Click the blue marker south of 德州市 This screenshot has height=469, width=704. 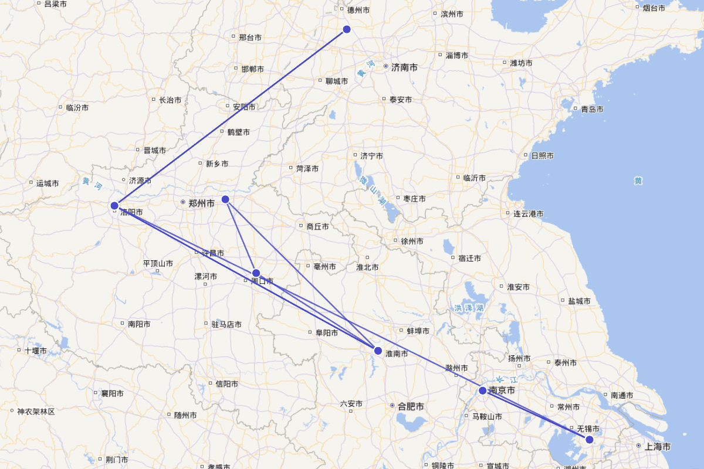point(347,29)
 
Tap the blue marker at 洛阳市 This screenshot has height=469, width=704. point(114,205)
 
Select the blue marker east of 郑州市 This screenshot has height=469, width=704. point(225,199)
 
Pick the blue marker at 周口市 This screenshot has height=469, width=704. point(256,273)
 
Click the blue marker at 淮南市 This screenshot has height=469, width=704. point(378,351)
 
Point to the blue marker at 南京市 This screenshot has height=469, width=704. point(482,390)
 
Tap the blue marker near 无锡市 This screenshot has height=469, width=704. point(590,439)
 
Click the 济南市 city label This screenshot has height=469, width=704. point(404,67)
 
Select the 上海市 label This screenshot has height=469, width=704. point(657,447)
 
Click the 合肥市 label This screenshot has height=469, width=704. point(410,406)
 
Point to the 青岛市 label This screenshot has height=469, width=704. point(591,109)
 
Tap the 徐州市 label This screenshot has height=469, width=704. point(412,241)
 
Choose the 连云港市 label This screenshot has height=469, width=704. point(529,214)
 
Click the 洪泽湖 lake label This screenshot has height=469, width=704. point(469,308)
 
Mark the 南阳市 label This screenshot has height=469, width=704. point(139,324)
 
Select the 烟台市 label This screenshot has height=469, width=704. point(654,8)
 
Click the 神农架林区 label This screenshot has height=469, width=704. point(36,412)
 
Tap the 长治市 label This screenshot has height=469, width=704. point(170,100)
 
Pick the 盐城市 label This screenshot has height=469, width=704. point(579,301)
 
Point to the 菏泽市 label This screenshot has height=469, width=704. point(307,169)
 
